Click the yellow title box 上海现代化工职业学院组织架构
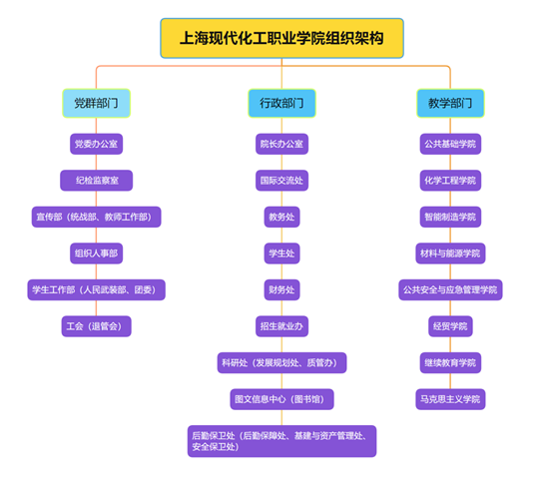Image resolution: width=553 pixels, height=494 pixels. [x=281, y=38]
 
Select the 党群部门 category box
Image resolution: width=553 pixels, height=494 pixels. [x=96, y=103]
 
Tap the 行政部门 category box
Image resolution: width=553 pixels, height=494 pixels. [x=281, y=103]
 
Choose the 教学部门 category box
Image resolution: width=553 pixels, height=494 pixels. [x=450, y=103]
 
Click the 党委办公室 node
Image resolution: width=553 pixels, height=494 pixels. [x=96, y=144]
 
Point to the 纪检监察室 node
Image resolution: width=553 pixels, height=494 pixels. [x=96, y=181]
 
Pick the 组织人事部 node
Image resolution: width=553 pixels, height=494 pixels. [x=96, y=253]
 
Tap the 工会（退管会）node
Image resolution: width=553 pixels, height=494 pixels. [x=96, y=326]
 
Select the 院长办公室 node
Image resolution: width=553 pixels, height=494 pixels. [x=281, y=144]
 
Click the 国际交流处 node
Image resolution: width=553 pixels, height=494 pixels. [x=281, y=181]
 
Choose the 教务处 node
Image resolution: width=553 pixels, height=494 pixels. [x=281, y=217]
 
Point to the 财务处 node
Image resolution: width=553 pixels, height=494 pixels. [x=281, y=289]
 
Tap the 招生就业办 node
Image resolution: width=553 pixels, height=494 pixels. [x=281, y=326]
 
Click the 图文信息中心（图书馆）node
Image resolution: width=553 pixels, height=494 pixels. [x=281, y=399]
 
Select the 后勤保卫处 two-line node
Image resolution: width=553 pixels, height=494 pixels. [x=281, y=441]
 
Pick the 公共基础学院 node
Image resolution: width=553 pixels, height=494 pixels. [x=450, y=144]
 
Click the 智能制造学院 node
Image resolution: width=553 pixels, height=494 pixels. [x=450, y=217]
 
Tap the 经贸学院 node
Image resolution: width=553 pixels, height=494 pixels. [x=450, y=326]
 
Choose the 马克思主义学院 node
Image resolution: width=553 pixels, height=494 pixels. [x=450, y=399]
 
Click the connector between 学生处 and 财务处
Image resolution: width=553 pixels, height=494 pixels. [x=281, y=271]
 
